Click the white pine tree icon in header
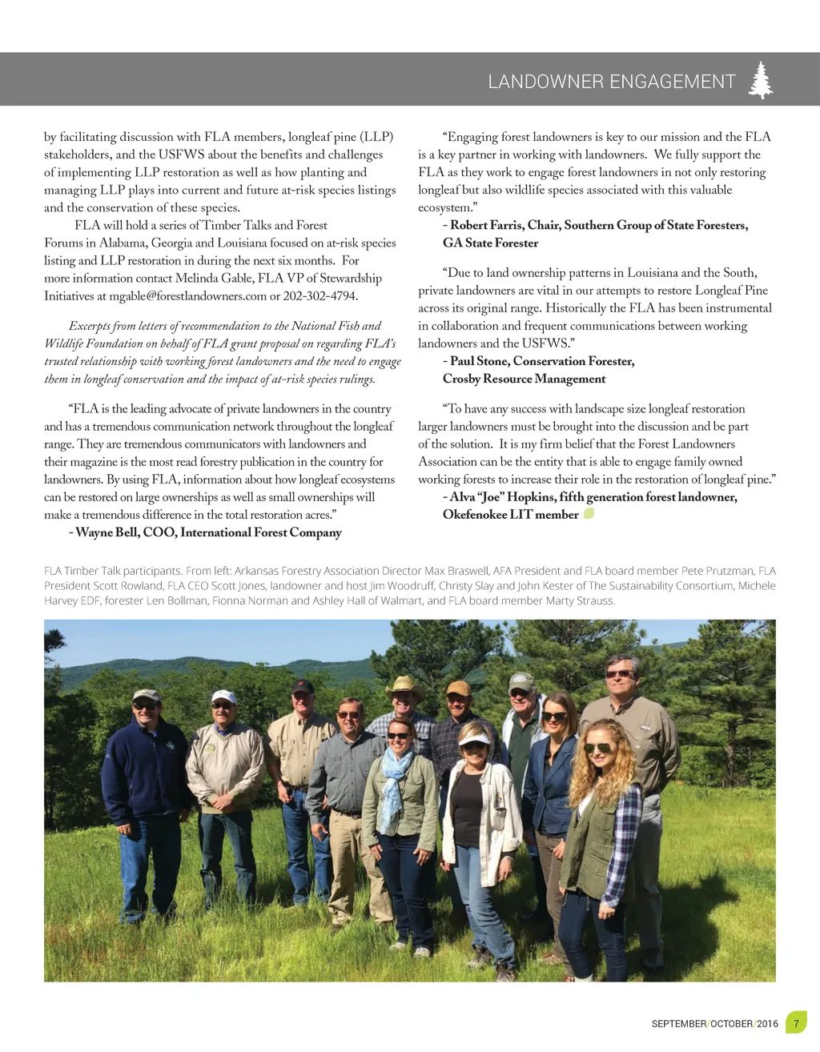761,80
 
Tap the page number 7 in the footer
796,1023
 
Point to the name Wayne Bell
107,532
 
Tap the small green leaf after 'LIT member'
589,514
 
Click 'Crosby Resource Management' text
524,379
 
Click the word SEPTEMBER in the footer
678,1024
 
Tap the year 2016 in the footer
767,1024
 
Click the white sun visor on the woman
474,737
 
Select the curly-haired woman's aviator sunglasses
597,749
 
